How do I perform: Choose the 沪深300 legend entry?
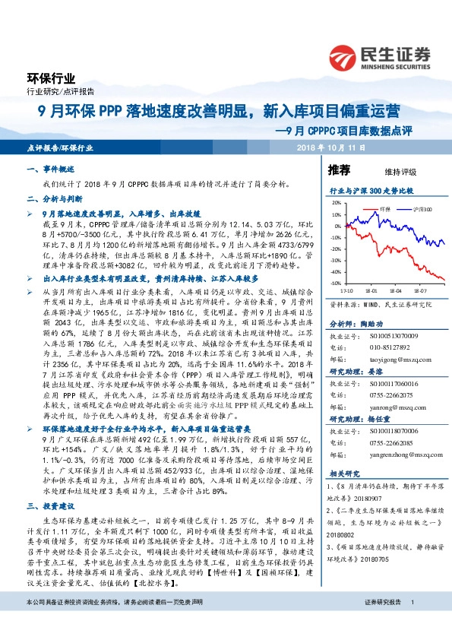pos(422,208)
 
